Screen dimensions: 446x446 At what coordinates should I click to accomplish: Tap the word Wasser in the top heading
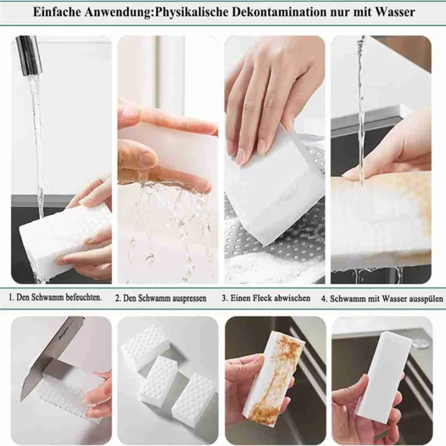(393, 12)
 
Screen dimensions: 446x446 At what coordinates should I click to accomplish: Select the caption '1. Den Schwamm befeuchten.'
(55, 297)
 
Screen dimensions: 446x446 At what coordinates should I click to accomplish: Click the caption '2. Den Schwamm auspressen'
(160, 298)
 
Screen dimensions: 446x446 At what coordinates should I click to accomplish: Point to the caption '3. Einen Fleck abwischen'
(266, 298)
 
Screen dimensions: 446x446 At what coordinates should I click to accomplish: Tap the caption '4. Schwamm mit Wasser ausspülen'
(382, 298)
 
